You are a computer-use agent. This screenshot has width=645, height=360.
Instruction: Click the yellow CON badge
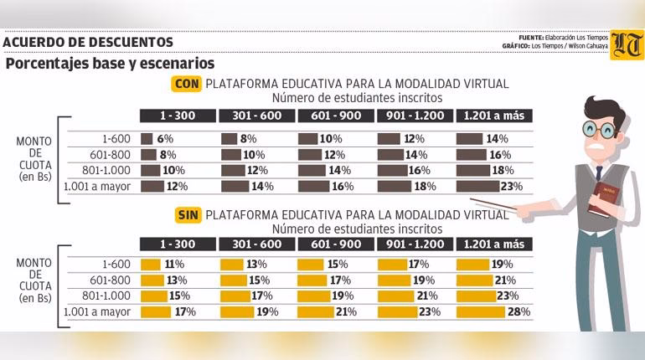point(187,84)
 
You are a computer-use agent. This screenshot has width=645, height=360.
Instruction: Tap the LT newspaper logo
point(627,44)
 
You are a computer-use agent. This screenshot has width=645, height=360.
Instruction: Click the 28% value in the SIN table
point(521,312)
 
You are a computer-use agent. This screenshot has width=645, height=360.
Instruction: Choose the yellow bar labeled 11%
point(151,265)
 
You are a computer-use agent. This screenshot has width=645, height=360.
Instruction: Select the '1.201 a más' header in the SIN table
point(493,244)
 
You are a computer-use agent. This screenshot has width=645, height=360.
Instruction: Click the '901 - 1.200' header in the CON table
point(415,116)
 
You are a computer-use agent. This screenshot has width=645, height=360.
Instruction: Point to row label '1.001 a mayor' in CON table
point(98,187)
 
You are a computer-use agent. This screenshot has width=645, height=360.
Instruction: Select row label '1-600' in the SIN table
point(116,265)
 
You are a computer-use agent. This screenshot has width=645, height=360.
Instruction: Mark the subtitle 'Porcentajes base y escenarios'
point(110,64)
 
